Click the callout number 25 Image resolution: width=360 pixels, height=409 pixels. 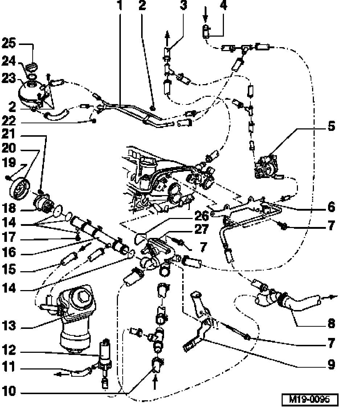click(9, 44)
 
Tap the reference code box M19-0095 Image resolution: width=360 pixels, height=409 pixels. click(310, 399)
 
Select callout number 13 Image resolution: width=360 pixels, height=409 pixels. click(9, 326)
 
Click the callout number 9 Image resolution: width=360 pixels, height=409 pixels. click(331, 364)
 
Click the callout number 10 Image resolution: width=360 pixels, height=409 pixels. click(9, 392)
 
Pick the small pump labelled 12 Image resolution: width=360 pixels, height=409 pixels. click(106, 352)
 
